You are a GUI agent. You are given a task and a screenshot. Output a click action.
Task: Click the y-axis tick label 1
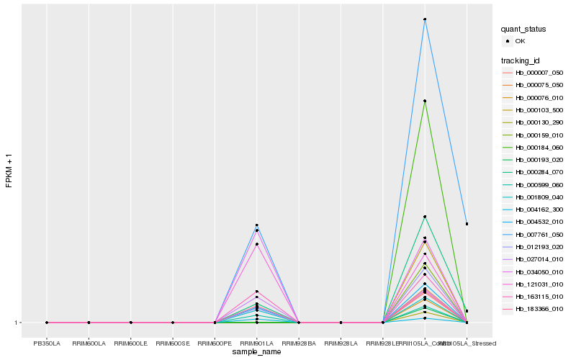pyautogui.click(x=17, y=323)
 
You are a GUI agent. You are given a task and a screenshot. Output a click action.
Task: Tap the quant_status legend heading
pyautogui.click(x=524, y=29)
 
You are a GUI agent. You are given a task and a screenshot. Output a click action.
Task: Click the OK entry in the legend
pyautogui.click(x=520, y=41)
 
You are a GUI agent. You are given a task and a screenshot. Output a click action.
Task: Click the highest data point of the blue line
pyautogui.click(x=425, y=19)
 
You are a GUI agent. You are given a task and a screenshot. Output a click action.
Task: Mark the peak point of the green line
pyautogui.click(x=425, y=101)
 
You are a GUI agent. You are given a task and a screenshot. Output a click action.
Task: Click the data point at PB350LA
pyautogui.click(x=47, y=323)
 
